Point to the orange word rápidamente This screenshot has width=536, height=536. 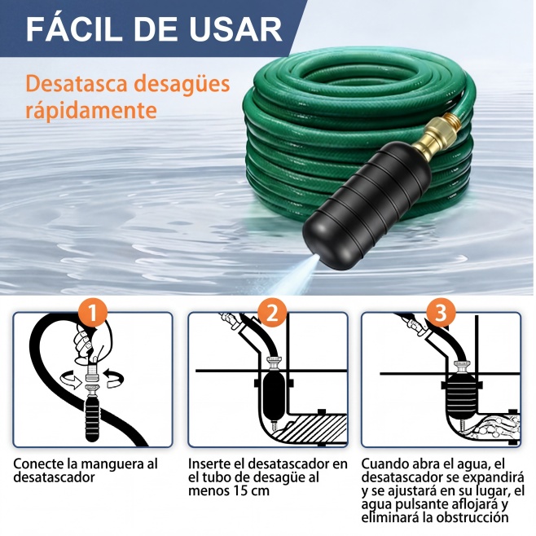coord(91,110)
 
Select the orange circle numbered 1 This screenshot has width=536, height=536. coord(92,313)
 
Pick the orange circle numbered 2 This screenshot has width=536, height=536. coord(272,313)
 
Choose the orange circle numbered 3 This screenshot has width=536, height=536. coord(441,313)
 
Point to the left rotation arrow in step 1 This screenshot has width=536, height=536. coord(71,379)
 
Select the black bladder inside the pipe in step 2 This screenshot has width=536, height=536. coord(273,397)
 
